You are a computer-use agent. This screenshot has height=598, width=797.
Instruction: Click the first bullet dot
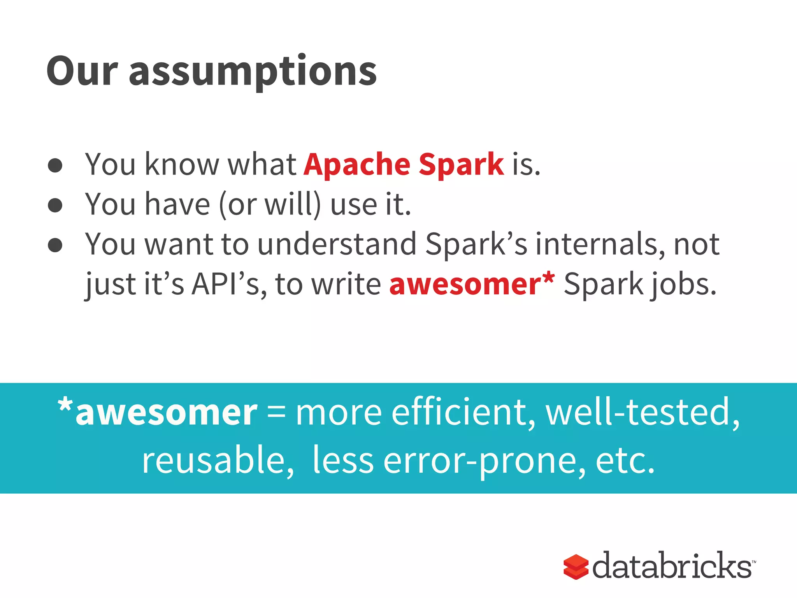55,165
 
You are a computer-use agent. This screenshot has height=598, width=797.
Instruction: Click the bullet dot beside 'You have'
55,205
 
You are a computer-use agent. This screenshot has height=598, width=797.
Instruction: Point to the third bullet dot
55,245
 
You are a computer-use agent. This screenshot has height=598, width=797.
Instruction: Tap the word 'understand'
337,244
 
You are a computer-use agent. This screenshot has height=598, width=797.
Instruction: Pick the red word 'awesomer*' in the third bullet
472,285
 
